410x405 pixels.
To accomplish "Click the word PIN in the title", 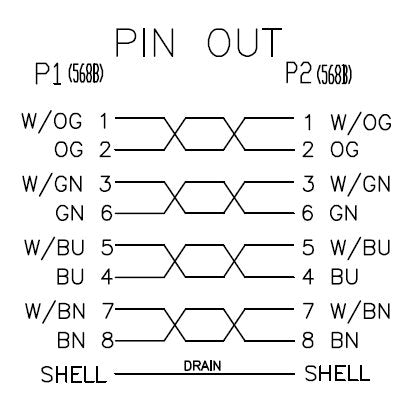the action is (145, 42).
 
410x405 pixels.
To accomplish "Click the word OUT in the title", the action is (244, 42).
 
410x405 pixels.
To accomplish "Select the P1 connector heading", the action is (48, 74).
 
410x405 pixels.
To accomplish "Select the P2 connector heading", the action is (298, 73).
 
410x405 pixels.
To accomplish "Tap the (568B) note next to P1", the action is (86, 74).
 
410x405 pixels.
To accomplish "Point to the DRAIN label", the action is (202, 366).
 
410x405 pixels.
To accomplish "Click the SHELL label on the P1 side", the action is (73, 374).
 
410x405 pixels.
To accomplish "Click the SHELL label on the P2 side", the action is (337, 373).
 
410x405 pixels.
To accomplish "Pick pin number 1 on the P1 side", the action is (105, 121).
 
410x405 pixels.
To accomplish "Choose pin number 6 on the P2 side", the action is (307, 213).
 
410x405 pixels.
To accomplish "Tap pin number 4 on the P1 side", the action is (107, 277).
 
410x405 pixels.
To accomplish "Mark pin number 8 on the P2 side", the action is (308, 340).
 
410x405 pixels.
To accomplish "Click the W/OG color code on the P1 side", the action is (52, 121).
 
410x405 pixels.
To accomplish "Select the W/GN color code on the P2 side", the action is (360, 184).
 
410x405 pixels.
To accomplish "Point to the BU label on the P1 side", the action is (70, 277).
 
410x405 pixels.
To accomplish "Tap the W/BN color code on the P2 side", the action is (360, 311).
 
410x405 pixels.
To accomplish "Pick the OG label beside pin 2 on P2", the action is (344, 149).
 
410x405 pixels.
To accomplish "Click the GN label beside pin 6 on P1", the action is (69, 213).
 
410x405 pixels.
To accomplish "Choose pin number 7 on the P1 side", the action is (107, 311).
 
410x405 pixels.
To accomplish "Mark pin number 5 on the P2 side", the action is (308, 247).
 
